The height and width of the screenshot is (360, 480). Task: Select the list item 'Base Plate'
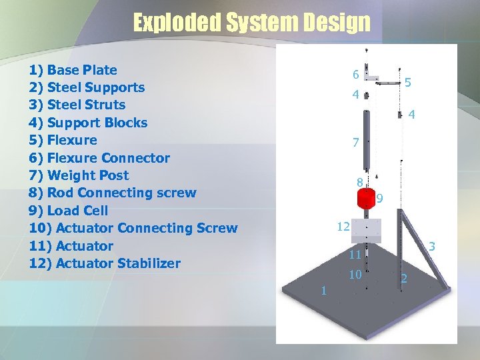pyautogui.click(x=73, y=70)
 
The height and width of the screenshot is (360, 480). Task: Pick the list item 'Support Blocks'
pyautogui.click(x=89, y=123)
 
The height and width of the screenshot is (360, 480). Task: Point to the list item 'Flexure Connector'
pyautogui.click(x=99, y=158)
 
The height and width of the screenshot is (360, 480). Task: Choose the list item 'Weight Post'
pyautogui.click(x=79, y=175)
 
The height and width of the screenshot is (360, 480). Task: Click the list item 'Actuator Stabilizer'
pyautogui.click(x=105, y=263)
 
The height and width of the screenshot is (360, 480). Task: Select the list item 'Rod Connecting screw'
pyautogui.click(x=113, y=193)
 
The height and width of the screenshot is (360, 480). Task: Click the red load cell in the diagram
pyautogui.click(x=366, y=199)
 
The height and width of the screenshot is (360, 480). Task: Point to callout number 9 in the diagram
pyautogui.click(x=379, y=198)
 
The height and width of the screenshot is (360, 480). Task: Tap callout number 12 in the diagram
pyautogui.click(x=343, y=227)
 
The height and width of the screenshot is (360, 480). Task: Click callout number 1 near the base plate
pyautogui.click(x=323, y=290)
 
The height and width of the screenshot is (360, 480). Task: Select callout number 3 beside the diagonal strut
pyautogui.click(x=432, y=247)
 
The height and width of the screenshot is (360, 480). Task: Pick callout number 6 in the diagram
pyautogui.click(x=357, y=75)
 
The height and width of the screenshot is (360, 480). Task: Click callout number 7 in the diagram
pyautogui.click(x=356, y=142)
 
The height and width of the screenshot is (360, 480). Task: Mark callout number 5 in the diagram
pyautogui.click(x=407, y=83)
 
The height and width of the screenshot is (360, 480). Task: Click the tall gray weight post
pyautogui.click(x=365, y=140)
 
